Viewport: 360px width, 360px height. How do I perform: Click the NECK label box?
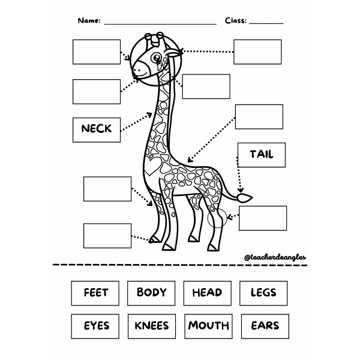(x=96, y=128)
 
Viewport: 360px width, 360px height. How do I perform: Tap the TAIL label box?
(x=261, y=155)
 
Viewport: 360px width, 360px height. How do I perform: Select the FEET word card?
(x=96, y=293)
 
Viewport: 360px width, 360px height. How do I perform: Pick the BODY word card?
(x=151, y=293)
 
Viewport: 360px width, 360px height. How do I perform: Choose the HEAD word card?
(x=207, y=293)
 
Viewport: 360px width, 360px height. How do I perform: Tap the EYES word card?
(x=96, y=326)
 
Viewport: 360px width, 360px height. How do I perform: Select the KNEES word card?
(x=151, y=326)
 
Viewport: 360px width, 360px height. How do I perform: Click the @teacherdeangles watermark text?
(x=275, y=257)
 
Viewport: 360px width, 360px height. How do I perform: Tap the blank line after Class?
(x=266, y=23)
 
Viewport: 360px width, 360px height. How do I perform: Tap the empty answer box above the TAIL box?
(x=259, y=117)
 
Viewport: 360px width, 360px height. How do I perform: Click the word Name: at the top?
(x=89, y=20)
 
